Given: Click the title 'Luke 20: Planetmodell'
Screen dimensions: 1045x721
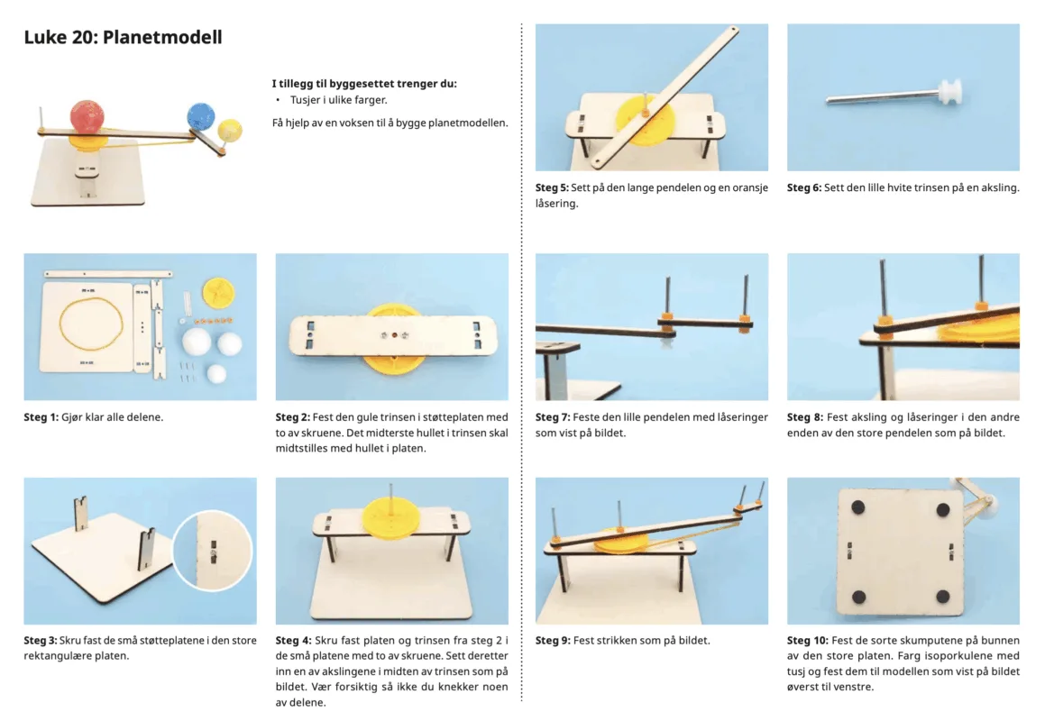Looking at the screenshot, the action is click(x=123, y=37).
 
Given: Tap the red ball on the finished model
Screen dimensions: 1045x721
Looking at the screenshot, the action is click(x=87, y=116).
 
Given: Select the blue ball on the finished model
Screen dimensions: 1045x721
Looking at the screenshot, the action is click(x=200, y=116).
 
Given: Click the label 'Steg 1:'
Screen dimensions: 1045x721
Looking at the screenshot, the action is click(x=41, y=417).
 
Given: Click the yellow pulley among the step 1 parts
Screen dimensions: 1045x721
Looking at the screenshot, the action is click(x=218, y=292).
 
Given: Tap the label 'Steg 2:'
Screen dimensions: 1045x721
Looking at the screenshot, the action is click(x=292, y=417).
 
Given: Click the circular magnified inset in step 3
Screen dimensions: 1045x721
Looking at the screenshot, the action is click(x=213, y=551).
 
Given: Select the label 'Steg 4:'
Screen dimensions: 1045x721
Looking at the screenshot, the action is click(x=292, y=641).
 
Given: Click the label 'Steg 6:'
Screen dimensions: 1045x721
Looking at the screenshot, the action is click(x=803, y=188).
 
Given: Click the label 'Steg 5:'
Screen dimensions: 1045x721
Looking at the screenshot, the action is click(x=552, y=188).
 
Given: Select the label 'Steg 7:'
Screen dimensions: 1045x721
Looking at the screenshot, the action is click(x=553, y=417).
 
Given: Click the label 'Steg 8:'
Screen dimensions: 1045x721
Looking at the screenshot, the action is click(x=804, y=417).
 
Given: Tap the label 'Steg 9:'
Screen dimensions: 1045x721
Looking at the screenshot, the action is click(x=553, y=641).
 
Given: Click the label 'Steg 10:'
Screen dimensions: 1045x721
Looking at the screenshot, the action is click(x=807, y=641).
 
